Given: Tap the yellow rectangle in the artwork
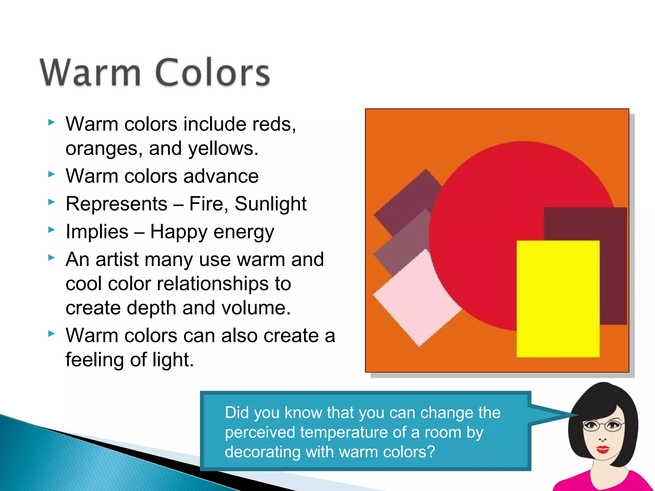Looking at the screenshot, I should click(x=558, y=299).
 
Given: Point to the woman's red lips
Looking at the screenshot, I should click(x=603, y=449).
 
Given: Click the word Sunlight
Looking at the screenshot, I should click(x=271, y=204).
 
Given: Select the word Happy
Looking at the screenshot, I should click(x=179, y=232).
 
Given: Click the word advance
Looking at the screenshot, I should click(x=221, y=176).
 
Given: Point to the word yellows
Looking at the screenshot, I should click(x=223, y=149).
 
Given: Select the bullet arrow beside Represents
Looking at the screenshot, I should click(x=51, y=202).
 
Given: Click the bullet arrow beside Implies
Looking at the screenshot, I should click(x=51, y=230).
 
